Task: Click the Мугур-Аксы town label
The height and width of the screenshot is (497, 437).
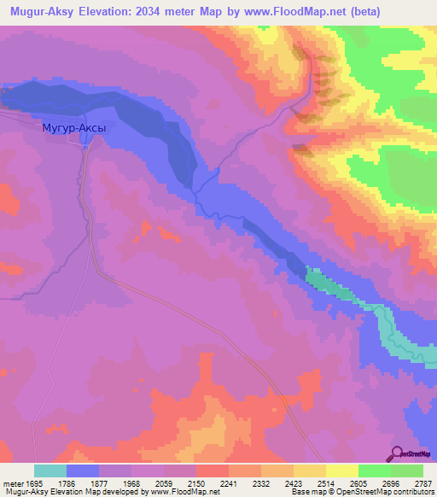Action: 74,128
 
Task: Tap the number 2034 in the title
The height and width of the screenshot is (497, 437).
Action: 164,12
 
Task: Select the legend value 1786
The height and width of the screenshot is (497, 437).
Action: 66,482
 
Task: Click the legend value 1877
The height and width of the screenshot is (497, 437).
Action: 98,482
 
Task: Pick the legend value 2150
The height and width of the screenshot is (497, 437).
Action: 195,482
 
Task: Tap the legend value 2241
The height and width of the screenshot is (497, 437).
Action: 228,482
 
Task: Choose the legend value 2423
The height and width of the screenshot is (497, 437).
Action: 294,482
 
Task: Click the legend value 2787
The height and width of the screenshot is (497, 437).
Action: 422,482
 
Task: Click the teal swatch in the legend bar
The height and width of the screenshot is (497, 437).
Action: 50,471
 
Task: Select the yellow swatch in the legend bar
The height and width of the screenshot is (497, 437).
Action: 342,471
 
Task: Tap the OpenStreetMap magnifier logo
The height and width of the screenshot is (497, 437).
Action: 398,453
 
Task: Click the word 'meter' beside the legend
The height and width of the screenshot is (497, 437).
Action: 11,482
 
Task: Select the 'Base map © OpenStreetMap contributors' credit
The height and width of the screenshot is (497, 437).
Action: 361,492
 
